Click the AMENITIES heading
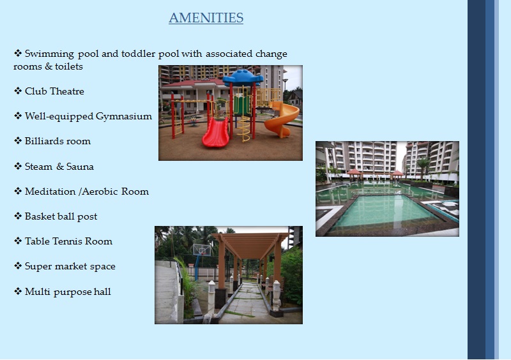[x=206, y=18]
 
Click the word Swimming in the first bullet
[x=49, y=54]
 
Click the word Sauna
[x=80, y=167]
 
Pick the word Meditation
[x=50, y=191]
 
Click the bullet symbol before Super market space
[x=18, y=266]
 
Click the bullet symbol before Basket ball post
[x=18, y=216]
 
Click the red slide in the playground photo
[x=216, y=132]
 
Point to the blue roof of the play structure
[x=243, y=77]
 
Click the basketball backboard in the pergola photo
[x=202, y=250]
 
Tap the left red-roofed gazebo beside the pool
[x=355, y=174]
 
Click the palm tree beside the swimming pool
[x=423, y=168]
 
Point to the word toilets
[x=69, y=66]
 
